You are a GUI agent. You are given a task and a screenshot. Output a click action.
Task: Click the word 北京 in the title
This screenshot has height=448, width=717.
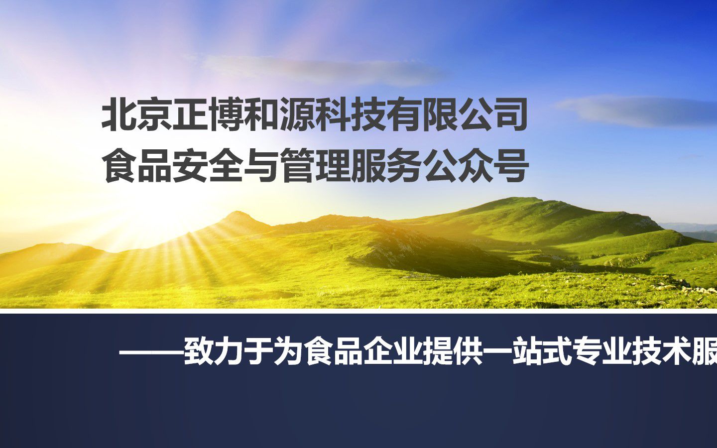click(137, 114)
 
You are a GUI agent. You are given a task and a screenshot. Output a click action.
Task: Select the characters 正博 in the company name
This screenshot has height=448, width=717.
click(208, 114)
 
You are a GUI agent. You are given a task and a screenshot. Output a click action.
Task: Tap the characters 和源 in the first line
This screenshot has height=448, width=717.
click(279, 114)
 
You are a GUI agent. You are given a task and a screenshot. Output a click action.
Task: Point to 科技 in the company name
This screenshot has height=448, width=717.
click(351, 114)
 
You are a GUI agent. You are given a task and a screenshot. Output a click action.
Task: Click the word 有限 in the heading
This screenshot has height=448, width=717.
click(422, 114)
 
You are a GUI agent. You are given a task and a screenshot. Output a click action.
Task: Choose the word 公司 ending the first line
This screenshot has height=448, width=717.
click(492, 114)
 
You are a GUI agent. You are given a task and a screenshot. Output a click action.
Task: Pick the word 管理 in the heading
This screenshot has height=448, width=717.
click(315, 165)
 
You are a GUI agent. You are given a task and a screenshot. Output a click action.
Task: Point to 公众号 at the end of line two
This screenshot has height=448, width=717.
click(475, 165)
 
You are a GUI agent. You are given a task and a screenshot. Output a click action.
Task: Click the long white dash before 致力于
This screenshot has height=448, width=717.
click(151, 354)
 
